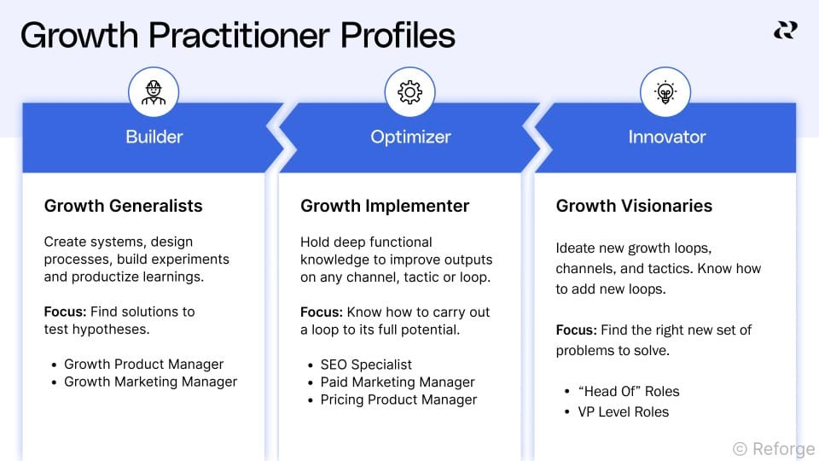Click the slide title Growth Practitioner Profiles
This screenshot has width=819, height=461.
[237, 36]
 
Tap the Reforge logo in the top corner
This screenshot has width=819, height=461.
[785, 31]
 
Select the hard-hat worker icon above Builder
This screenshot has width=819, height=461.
[154, 92]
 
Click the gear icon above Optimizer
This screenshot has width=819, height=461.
[410, 92]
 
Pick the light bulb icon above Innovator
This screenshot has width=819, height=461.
[665, 92]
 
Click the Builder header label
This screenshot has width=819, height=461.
[154, 137]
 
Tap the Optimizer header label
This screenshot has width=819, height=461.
[410, 137]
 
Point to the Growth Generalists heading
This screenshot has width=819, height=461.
[123, 206]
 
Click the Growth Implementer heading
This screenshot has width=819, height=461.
[385, 206]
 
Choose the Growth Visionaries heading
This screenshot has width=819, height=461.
[634, 206]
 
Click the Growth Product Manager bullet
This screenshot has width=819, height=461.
[143, 364]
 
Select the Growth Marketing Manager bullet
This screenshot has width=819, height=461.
[150, 382]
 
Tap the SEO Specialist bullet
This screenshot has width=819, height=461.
[366, 365]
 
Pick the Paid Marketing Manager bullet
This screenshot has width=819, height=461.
[398, 382]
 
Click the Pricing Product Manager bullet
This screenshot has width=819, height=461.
[398, 400]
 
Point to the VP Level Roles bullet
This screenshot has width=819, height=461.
[623, 411]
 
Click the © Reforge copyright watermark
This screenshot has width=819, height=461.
[773, 447]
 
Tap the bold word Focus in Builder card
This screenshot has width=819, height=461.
[65, 312]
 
